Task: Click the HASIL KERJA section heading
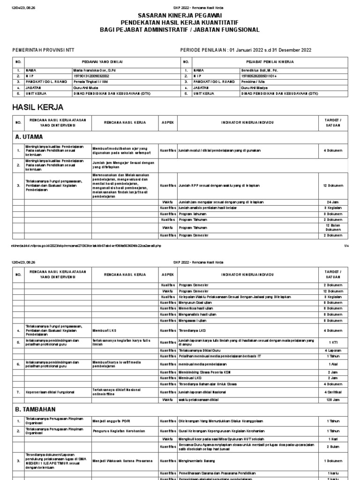pyautogui.click(x=37, y=107)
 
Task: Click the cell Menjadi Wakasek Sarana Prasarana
pyautogui.click(x=122, y=461)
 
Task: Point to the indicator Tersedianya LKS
pyautogui.click(x=193, y=330)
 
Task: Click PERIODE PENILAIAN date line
pyautogui.click(x=246, y=51)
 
